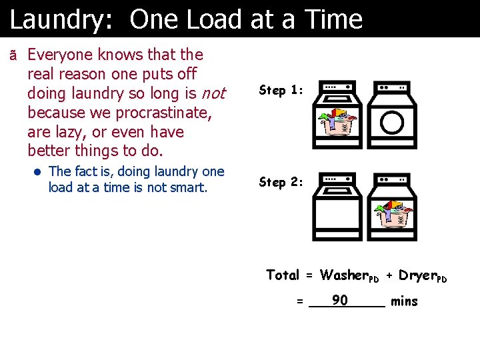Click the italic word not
click(213, 93)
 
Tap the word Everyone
click(65, 54)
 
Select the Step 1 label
click(281, 90)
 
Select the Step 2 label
click(281, 182)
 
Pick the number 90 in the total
click(340, 301)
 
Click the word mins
click(404, 301)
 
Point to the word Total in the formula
click(283, 275)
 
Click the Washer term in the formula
click(348, 275)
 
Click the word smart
click(189, 187)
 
